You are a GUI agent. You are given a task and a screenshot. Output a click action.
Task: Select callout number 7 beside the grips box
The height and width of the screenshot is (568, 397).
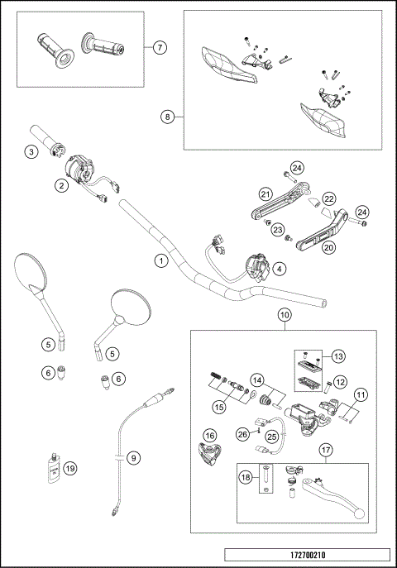click(161, 48)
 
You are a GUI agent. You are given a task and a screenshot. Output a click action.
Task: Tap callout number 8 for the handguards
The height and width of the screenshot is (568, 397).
click(169, 117)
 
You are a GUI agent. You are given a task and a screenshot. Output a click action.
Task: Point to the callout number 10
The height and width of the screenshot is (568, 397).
click(284, 315)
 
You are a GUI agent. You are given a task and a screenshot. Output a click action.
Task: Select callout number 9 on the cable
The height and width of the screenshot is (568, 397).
click(135, 456)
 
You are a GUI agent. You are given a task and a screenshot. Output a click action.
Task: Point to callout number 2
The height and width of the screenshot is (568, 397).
click(61, 186)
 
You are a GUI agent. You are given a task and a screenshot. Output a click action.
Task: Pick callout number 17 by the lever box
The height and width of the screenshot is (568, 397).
click(326, 451)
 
